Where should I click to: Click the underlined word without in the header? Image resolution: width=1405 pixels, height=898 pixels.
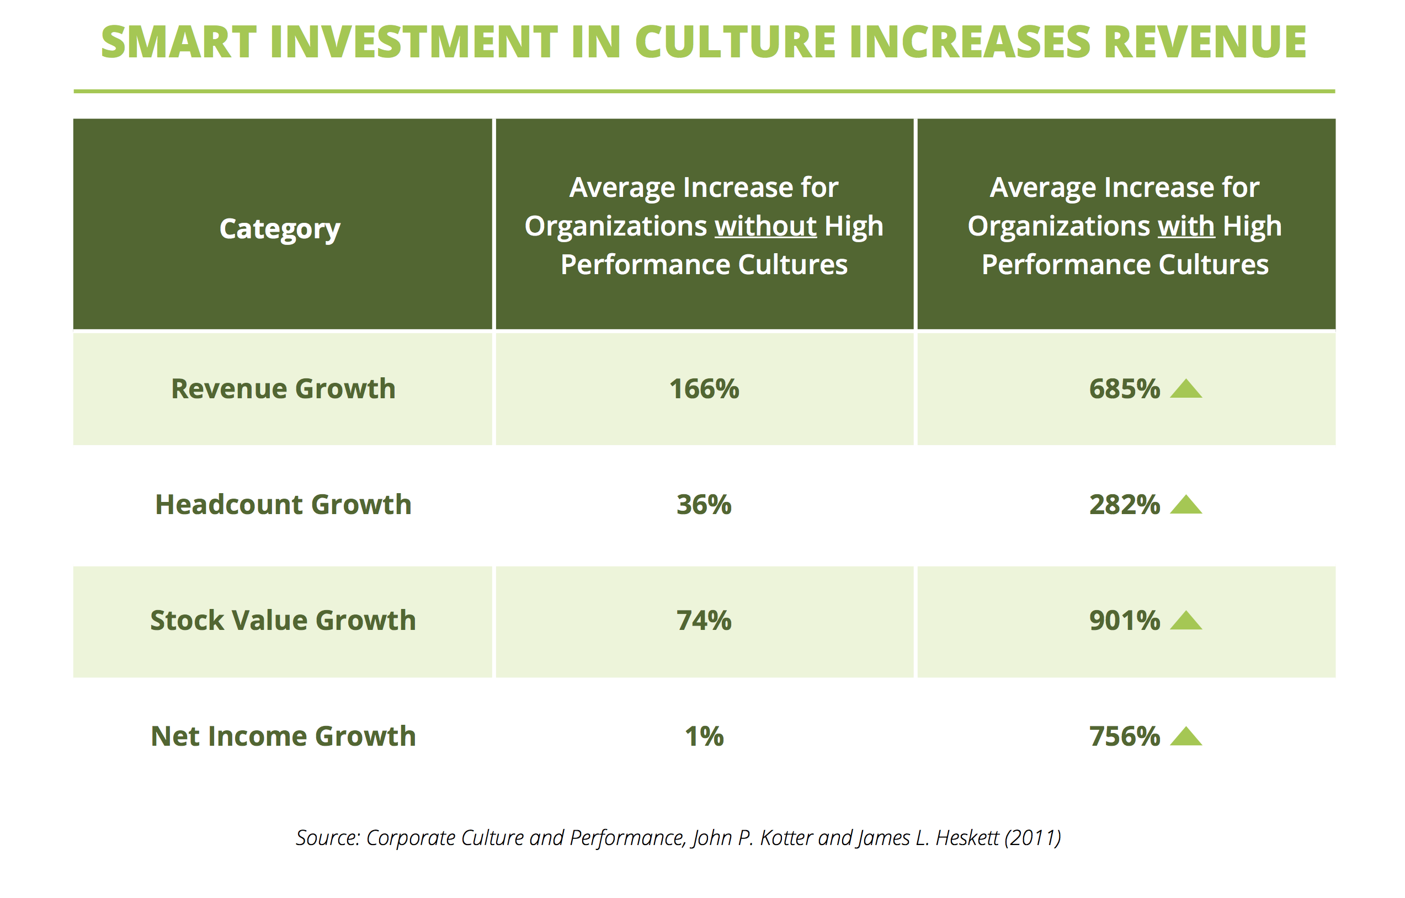coord(765,226)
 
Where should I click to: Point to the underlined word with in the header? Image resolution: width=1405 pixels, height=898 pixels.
coord(1186,226)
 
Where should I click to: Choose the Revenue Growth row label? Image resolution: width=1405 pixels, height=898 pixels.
coord(283,388)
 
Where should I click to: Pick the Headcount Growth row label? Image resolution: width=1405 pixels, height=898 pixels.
coord(283,504)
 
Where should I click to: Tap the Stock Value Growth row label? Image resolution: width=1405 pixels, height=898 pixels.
coord(283,620)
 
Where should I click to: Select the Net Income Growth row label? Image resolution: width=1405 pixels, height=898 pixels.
coord(283,736)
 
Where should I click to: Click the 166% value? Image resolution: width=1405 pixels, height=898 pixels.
coord(704,389)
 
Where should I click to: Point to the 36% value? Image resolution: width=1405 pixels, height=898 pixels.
coord(704,505)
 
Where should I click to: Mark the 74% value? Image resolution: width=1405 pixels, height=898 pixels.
coord(704,621)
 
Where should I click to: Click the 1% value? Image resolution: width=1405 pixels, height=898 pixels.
coord(704,736)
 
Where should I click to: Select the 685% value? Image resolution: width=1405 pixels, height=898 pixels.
coord(1124,389)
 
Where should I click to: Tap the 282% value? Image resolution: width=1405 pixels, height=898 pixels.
coord(1124,505)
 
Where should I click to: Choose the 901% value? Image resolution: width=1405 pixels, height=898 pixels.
coord(1124,621)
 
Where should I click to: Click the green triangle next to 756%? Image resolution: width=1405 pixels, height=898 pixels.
coord(1186,737)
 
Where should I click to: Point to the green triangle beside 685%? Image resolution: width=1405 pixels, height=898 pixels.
coord(1186,389)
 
